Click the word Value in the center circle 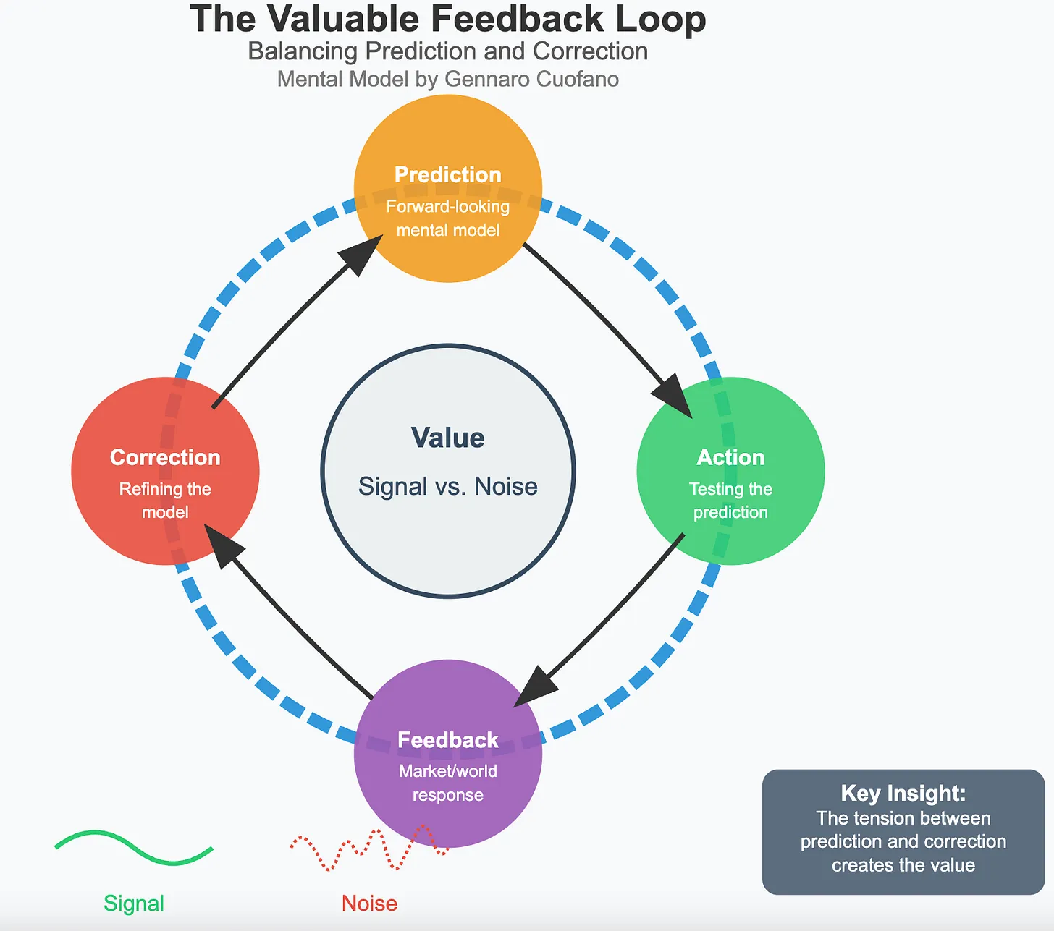click(x=448, y=438)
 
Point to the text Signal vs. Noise click(x=448, y=487)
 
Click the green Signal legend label click(x=134, y=904)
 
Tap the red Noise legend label click(x=369, y=904)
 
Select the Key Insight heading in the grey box click(x=903, y=794)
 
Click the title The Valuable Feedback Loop click(x=448, y=20)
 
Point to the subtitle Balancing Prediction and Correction click(x=448, y=51)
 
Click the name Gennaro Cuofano click(x=532, y=79)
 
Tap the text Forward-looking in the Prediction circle click(x=448, y=207)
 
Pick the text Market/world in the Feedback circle click(x=448, y=771)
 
